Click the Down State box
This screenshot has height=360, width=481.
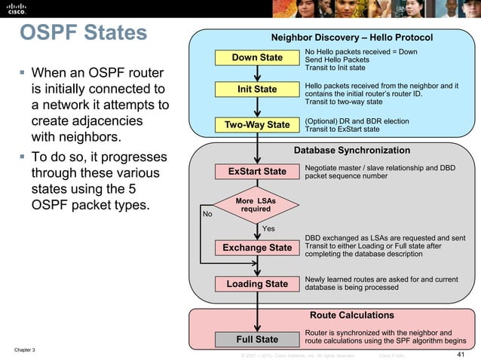(257, 57)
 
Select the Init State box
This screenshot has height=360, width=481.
(257, 90)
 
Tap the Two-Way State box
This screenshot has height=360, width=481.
(257, 124)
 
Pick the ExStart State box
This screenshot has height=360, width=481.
(257, 171)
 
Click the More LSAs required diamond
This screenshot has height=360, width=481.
(256, 205)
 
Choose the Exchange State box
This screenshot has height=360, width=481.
(257, 247)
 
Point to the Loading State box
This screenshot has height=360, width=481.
(257, 284)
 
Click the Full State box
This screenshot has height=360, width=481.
(257, 339)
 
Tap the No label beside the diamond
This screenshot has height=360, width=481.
(208, 214)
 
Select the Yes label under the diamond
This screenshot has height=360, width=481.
(268, 228)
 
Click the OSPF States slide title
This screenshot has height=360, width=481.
(83, 34)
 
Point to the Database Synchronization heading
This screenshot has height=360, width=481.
(351, 151)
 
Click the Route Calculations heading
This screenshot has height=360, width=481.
(351, 315)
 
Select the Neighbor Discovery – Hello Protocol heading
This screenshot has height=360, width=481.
(351, 37)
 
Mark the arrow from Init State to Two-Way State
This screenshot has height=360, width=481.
(257, 107)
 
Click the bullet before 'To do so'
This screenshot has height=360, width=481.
(23, 157)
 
